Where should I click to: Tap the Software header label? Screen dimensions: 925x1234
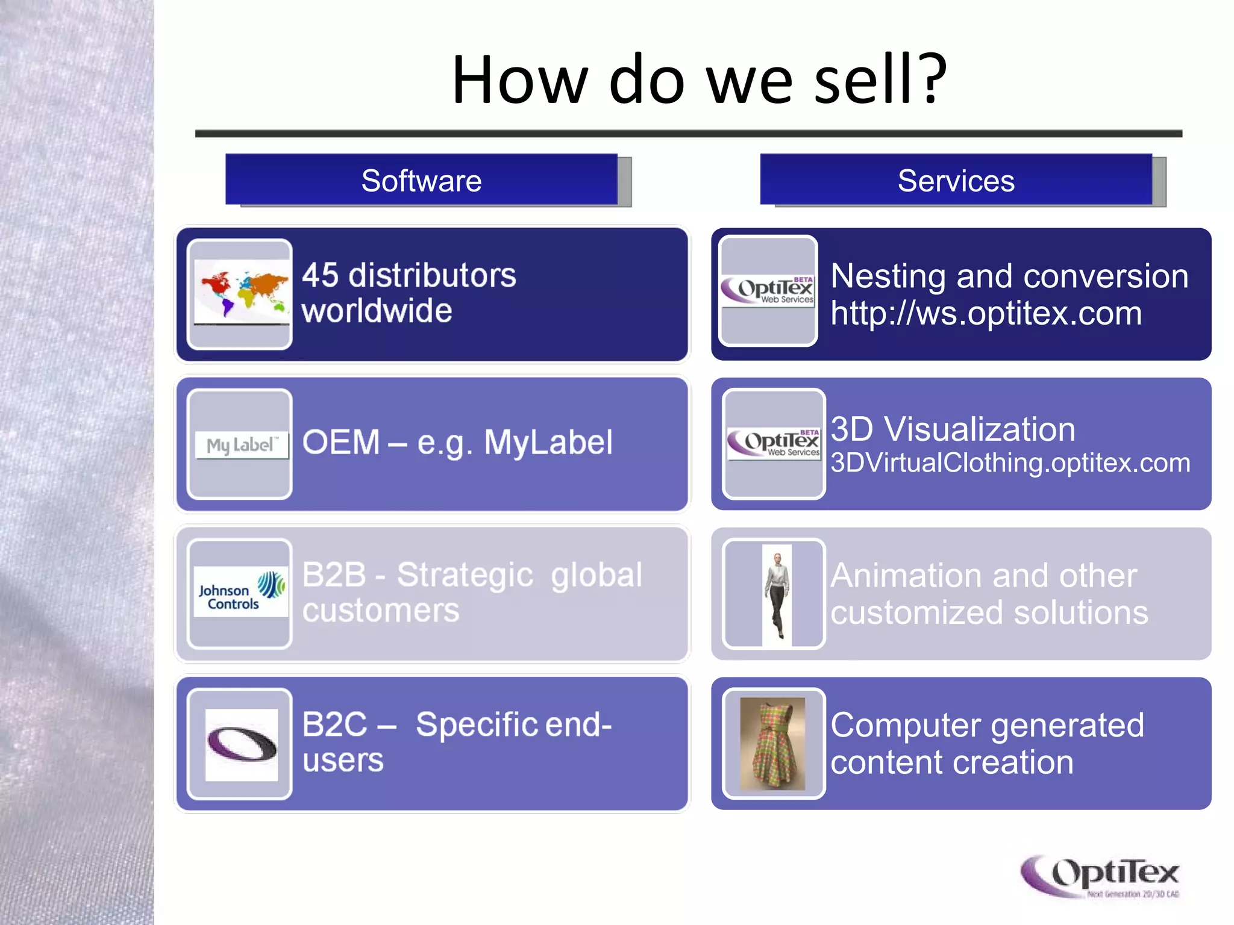coord(421,181)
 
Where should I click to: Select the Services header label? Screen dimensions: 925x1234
coord(956,181)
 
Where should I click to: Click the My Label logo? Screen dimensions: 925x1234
coord(241,445)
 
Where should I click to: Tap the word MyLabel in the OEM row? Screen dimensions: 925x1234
coord(548,443)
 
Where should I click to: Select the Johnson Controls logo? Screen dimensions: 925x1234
coord(240,591)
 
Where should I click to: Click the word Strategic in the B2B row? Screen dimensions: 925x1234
coord(465,575)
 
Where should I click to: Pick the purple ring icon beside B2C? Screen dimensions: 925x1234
coord(241,744)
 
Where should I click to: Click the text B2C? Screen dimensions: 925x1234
coord(334,724)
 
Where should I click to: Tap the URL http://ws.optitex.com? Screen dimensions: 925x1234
coord(986,314)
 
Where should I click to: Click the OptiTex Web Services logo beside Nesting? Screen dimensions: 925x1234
coord(768,290)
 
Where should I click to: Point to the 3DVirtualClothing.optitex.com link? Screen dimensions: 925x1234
coord(1010,463)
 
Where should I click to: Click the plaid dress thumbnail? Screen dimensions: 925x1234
coord(772,744)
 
